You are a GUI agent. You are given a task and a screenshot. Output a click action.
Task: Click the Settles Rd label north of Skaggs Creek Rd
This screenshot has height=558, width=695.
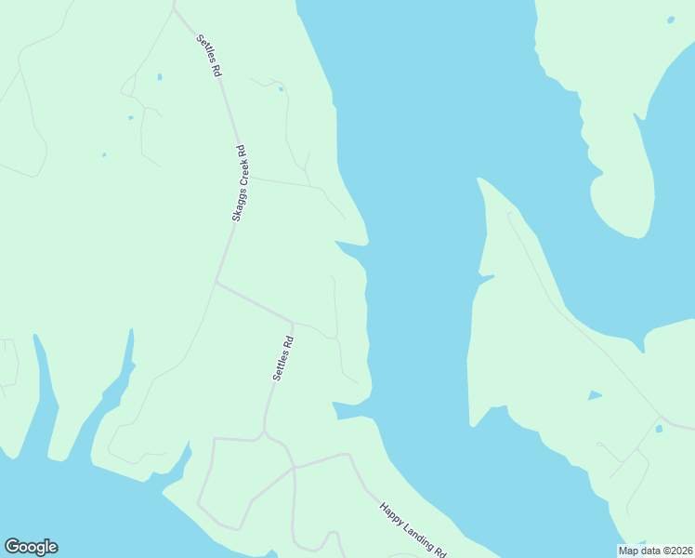pos(210,56)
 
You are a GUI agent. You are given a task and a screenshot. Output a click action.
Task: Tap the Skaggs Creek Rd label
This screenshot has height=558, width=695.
pos(239,182)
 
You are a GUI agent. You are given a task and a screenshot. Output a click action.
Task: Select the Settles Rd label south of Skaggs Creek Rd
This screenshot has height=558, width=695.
pos(283,357)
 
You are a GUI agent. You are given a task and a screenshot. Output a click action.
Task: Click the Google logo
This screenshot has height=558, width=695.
pos(31,547)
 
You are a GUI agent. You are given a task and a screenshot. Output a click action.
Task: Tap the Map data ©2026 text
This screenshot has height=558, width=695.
pos(656,550)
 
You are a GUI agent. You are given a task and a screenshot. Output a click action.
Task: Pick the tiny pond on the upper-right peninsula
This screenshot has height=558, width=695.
pos(671,20)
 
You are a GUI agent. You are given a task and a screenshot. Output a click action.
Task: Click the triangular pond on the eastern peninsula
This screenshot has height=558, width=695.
pos(594,396)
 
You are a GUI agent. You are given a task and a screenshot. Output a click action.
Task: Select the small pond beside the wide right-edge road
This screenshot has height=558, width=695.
pos(659,429)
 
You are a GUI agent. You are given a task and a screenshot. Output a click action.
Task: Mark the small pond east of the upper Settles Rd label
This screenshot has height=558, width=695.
pos(280,89)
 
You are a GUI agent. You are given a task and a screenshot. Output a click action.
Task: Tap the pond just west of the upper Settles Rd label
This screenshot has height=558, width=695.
pos(160,76)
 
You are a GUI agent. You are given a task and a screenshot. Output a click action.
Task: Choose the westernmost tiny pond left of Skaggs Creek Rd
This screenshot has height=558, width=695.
pos(104,154)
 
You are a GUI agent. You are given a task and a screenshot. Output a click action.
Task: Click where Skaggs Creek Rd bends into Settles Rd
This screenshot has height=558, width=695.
pos(216,282)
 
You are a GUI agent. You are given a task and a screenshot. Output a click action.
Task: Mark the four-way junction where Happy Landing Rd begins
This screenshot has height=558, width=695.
pos(294,468)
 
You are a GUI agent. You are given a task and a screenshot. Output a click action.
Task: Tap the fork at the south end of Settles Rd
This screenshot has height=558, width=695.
pos(264,432)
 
